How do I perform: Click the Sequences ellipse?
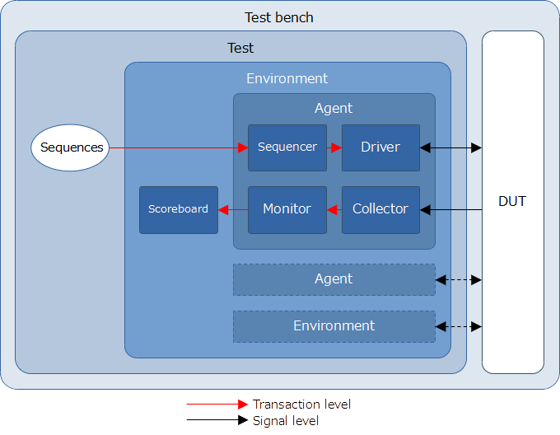70,147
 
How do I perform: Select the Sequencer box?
287,147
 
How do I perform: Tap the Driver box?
380,147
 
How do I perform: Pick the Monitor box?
287,210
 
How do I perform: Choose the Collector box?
380,210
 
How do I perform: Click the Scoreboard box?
179,210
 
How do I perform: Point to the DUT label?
512,201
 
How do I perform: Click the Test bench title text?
279,17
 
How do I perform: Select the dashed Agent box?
334,279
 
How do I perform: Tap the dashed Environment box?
334,326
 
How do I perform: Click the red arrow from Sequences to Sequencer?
179,147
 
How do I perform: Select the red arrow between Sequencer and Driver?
334,147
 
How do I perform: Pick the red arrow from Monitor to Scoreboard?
233,209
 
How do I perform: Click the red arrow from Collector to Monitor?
334,209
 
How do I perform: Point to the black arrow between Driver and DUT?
450,147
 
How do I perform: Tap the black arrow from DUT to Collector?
450,209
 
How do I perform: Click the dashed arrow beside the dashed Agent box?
459,280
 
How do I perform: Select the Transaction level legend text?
301,405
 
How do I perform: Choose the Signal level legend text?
286,421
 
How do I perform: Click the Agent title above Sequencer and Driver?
334,108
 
